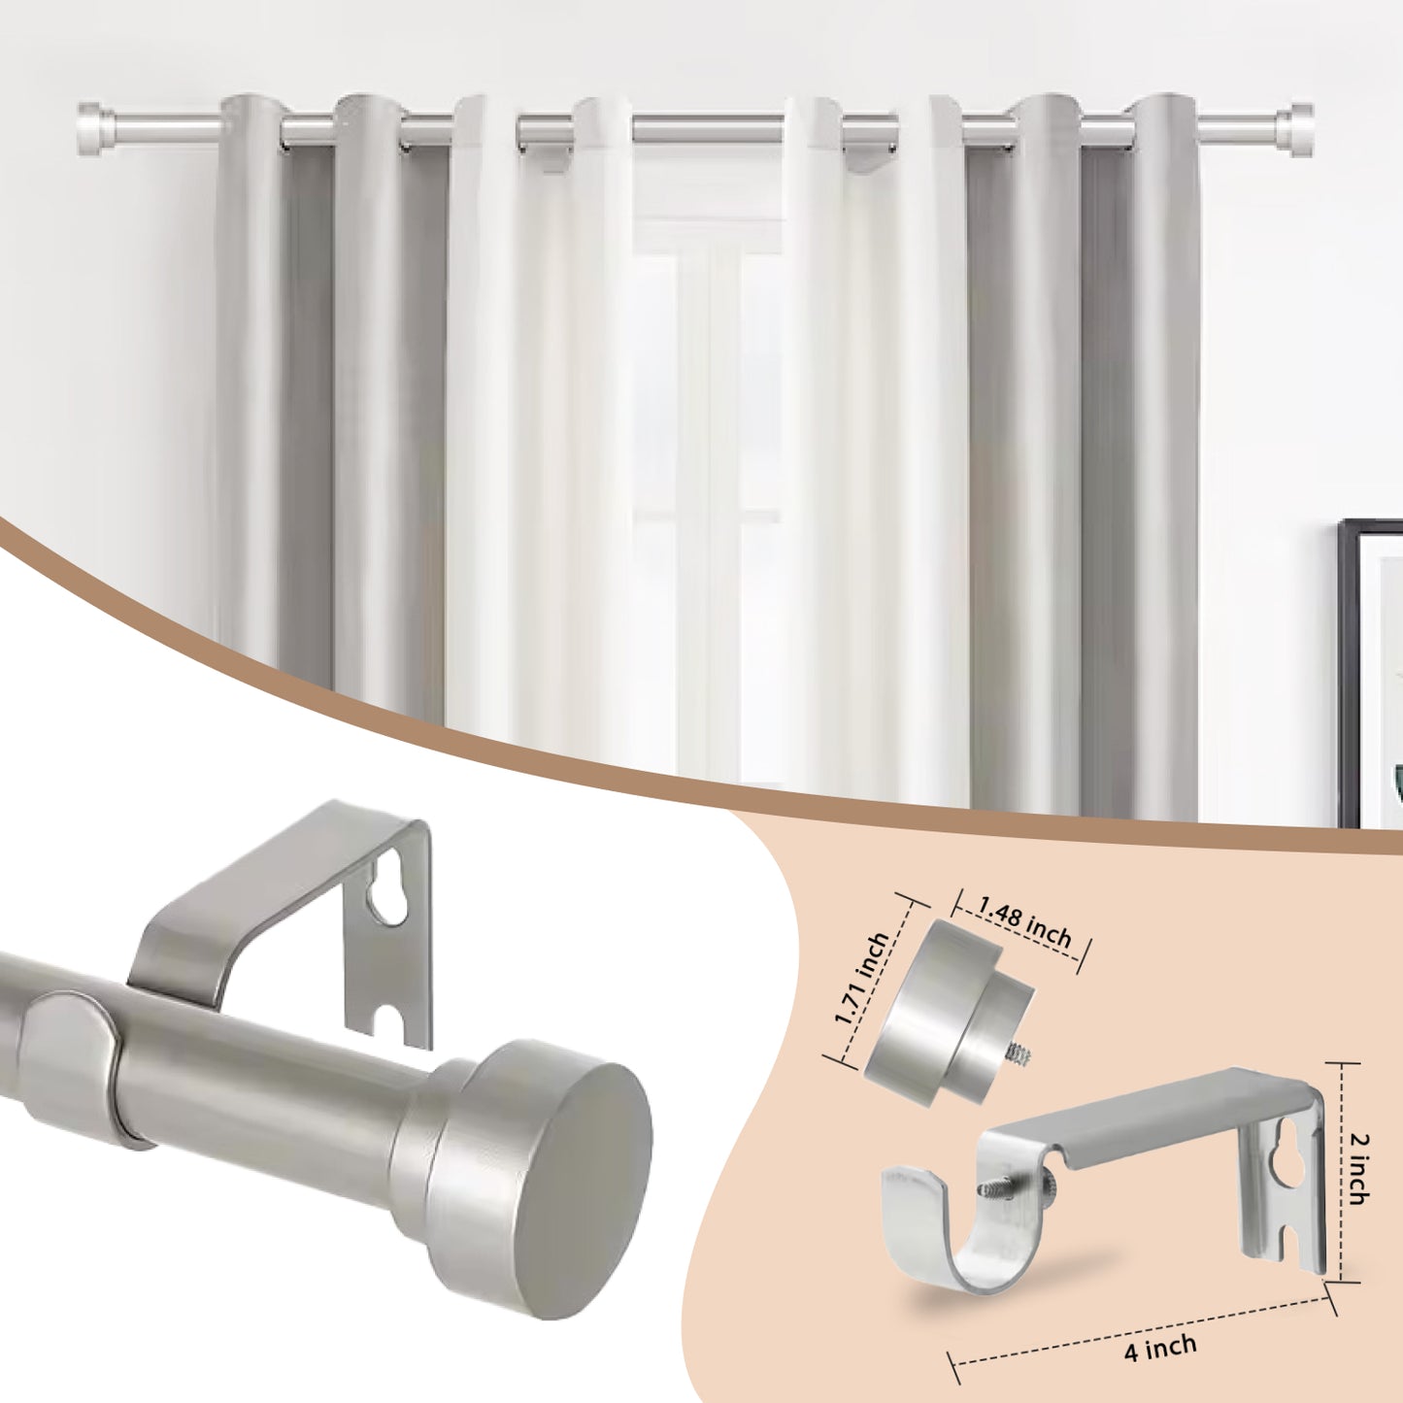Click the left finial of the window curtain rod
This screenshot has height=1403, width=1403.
tap(97, 128)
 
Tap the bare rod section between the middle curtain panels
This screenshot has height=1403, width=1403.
tap(710, 127)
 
